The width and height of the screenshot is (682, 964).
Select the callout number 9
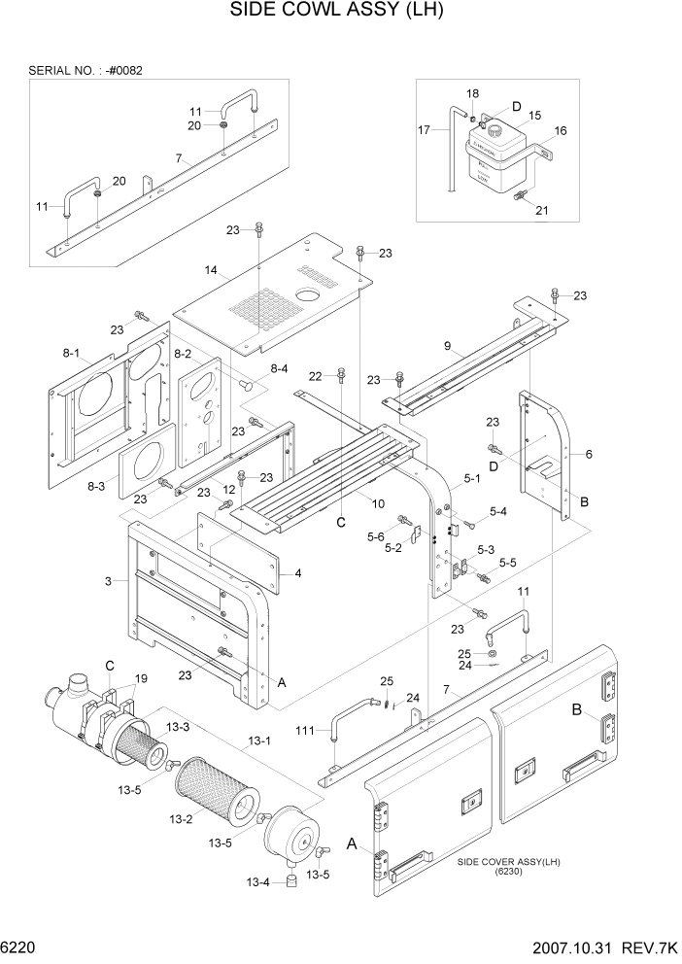[447, 345]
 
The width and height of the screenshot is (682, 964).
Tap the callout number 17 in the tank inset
[425, 130]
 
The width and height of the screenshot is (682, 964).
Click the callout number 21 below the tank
[542, 210]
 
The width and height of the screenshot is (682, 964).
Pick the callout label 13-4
[257, 882]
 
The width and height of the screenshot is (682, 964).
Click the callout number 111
[308, 729]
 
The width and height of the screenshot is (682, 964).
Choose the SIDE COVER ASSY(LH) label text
[508, 862]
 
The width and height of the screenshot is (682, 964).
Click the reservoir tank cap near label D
[493, 129]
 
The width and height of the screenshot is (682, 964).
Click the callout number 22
[315, 376]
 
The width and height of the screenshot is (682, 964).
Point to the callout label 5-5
[506, 562]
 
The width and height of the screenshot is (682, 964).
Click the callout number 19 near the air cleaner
[141, 678]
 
